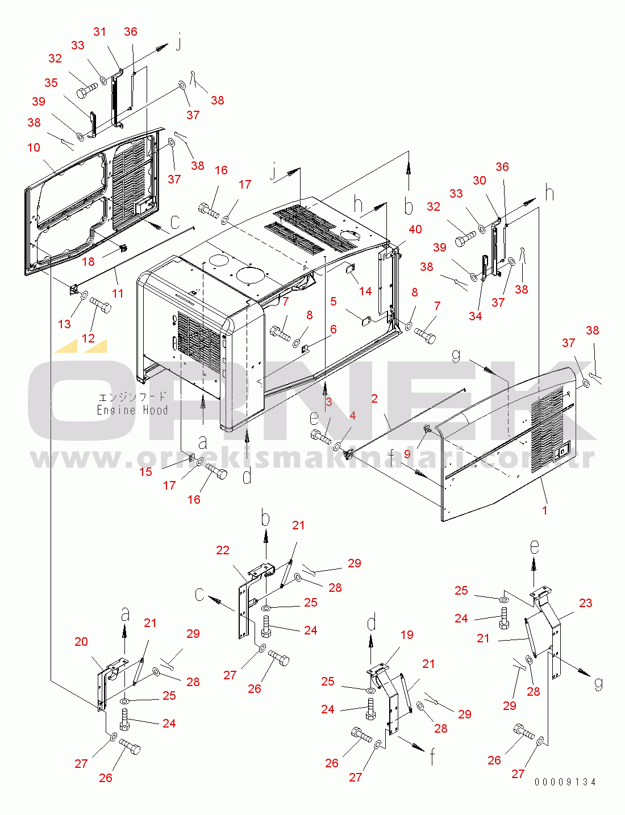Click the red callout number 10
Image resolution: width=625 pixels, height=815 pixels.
click(x=34, y=148)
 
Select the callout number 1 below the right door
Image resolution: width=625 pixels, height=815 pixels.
click(x=545, y=510)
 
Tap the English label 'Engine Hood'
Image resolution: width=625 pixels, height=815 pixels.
click(x=132, y=410)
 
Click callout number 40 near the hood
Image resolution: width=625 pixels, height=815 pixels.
click(x=415, y=229)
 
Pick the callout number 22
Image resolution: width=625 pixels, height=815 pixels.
click(x=223, y=550)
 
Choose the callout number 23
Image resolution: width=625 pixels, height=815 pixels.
click(x=586, y=603)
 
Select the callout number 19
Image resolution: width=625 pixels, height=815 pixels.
click(x=407, y=634)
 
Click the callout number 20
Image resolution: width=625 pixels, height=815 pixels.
click(x=81, y=641)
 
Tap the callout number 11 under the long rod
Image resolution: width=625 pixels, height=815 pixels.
click(x=118, y=293)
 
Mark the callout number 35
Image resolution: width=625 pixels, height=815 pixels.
click(x=51, y=82)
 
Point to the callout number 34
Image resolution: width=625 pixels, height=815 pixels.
click(x=476, y=316)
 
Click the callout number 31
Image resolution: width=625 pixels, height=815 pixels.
click(x=99, y=31)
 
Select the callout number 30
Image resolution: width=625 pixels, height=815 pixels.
click(x=480, y=181)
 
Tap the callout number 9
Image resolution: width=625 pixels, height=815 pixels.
click(x=407, y=454)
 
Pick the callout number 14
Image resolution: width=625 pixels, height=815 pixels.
click(x=365, y=291)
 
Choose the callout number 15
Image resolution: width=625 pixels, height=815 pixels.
click(x=145, y=472)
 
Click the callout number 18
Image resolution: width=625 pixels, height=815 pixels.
click(x=89, y=261)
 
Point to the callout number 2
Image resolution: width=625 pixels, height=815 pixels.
click(x=374, y=398)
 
